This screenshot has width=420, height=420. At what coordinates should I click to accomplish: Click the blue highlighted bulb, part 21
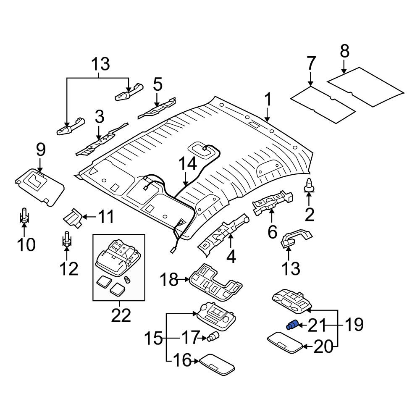pyautogui.click(x=292, y=325)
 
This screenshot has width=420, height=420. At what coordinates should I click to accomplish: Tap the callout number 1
pyautogui.click(x=268, y=100)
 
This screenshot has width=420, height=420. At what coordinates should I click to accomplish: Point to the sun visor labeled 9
pyautogui.click(x=39, y=186)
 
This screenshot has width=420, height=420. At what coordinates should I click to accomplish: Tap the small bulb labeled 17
pyautogui.click(x=213, y=336)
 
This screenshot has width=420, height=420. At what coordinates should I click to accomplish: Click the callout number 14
pyautogui.click(x=188, y=164)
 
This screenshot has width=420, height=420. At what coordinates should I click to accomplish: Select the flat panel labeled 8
pyautogui.click(x=365, y=86)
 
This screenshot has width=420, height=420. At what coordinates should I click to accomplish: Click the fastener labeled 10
pyautogui.click(x=24, y=216)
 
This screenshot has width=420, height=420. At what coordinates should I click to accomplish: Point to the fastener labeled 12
pyautogui.click(x=67, y=239)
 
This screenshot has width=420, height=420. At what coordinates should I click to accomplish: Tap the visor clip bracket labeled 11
pyautogui.click(x=72, y=218)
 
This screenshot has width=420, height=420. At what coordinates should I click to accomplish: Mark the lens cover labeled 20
pyautogui.click(x=286, y=342)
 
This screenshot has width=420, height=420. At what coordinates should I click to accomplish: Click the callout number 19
pyautogui.click(x=354, y=324)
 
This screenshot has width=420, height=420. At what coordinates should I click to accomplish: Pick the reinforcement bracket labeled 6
pyautogui.click(x=273, y=202)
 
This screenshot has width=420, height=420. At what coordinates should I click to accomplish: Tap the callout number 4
pyautogui.click(x=231, y=256)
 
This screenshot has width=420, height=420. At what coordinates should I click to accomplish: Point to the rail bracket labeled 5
pyautogui.click(x=157, y=108)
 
